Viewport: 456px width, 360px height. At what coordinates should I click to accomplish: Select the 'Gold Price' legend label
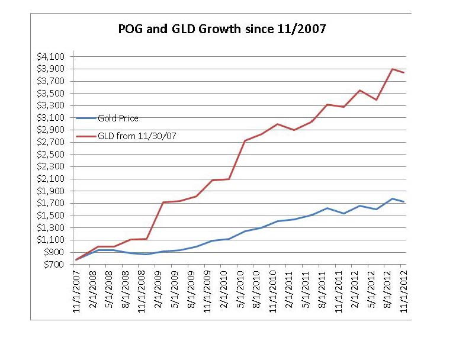[118, 118]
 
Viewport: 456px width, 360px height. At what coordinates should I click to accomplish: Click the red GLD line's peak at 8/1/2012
[392, 69]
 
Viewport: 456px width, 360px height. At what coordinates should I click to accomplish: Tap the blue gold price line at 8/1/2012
[392, 199]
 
